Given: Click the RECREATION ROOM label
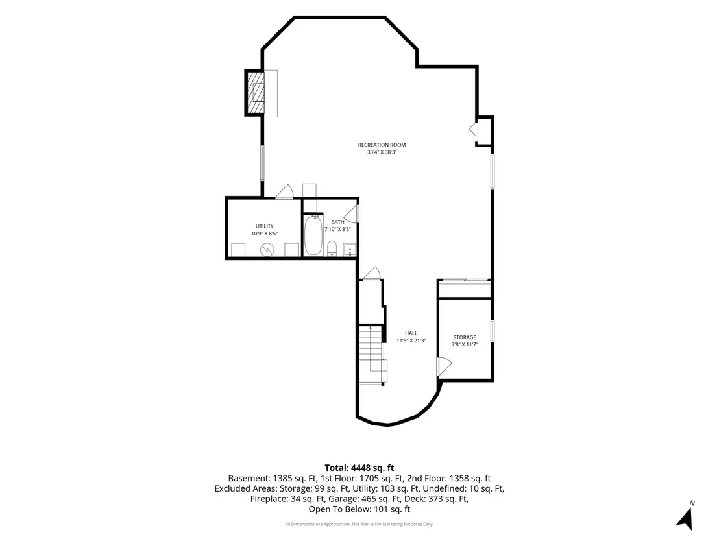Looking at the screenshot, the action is click(x=382, y=145).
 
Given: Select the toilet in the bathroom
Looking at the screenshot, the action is click(x=332, y=248).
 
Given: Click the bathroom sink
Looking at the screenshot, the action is click(x=350, y=250).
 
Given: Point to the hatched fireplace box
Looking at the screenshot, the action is click(x=256, y=93).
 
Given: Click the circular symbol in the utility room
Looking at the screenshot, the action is click(x=267, y=250).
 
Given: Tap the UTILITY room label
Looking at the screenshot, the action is click(x=265, y=226).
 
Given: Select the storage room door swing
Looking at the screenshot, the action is click(x=445, y=366).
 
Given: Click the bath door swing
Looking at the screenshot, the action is click(x=352, y=213).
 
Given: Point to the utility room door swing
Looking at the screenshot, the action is click(x=284, y=191).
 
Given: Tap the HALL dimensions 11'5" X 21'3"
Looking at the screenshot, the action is click(x=411, y=341).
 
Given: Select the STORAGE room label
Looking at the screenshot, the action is click(x=465, y=337).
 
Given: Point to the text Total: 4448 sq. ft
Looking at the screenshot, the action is click(x=359, y=468).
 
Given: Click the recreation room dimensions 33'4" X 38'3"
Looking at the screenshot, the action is click(x=382, y=152).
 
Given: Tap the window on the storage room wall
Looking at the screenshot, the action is click(x=493, y=331).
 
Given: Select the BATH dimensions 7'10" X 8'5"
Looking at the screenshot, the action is click(x=338, y=229).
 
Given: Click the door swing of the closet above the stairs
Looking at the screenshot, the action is click(x=372, y=273).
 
